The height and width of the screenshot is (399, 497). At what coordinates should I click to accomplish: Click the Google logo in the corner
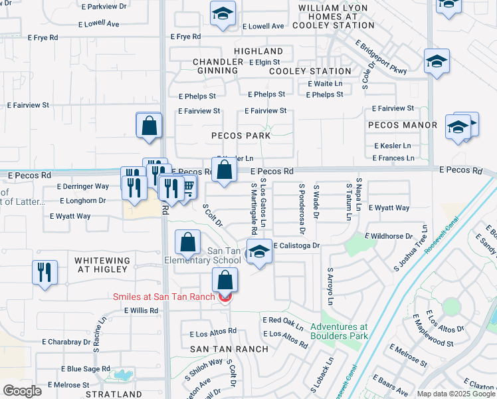click(22, 390)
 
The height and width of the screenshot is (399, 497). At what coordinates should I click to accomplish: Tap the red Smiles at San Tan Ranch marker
click(225, 297)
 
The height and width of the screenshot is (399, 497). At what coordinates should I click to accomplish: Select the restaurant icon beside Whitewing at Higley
click(45, 273)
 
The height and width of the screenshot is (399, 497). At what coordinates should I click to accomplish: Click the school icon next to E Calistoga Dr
click(259, 253)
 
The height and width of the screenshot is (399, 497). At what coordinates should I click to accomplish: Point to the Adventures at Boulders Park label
click(339, 331)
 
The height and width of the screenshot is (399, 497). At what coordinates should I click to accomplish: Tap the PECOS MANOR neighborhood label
click(402, 125)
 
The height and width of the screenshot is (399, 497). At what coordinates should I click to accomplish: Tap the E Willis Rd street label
click(130, 311)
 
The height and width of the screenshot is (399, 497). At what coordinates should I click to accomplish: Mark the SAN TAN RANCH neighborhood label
click(229, 348)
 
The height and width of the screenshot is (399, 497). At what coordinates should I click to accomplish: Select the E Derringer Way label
click(83, 187)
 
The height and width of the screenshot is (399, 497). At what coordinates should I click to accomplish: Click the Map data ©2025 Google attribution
click(455, 394)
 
